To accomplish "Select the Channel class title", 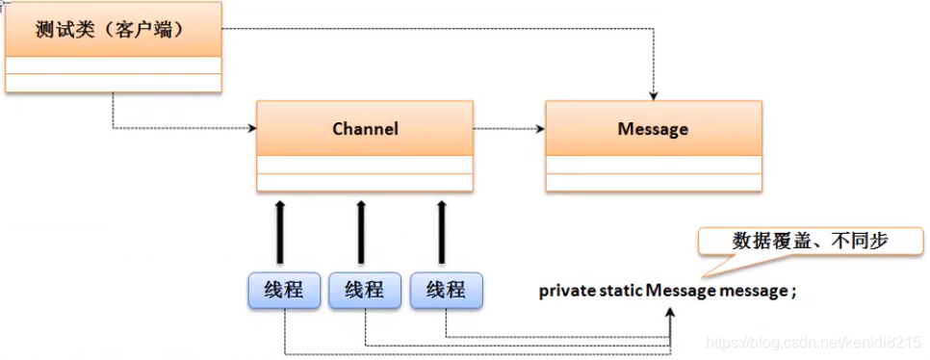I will coord(365,128).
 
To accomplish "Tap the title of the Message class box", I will coord(654,128).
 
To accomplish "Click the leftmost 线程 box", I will coord(284,290).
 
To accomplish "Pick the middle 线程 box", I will coord(365,290).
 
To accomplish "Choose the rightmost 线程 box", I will coord(446,290).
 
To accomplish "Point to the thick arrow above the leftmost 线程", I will coord(280,231).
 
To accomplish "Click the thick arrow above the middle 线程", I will coord(361,231).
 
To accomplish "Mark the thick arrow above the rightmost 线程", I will coord(442,231).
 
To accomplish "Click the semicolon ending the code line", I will coord(794,291).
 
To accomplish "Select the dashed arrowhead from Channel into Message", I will coord(540,128).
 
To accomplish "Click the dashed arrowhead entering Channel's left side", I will coord(251,128).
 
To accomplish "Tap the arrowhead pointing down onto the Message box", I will coord(654,94).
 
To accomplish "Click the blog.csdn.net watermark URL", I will coord(813,343).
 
